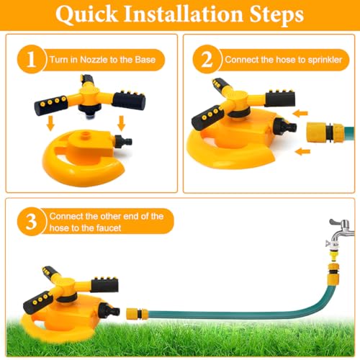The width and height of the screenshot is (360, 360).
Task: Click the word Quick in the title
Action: pos(86,14)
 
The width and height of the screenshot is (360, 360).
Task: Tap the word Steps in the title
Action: pos(276,15)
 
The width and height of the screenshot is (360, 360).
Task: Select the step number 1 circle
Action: pos(32,59)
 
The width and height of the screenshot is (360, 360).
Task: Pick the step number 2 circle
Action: pos(207,59)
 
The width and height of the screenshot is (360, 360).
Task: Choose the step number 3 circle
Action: pos(32,221)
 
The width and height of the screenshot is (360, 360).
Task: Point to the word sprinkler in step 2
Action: pos(325,60)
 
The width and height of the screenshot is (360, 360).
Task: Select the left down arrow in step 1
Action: pos(50,123)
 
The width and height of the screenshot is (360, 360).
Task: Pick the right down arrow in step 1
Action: pos(122,123)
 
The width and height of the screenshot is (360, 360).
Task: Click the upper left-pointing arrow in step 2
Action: pos(300,113)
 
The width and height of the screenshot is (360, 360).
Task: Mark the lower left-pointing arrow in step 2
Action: pos(302,151)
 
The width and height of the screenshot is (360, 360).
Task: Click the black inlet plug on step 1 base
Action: pos(123,141)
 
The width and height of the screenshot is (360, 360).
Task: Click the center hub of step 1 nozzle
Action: pos(89,93)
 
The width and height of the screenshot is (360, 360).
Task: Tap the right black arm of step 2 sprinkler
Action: pos(280,99)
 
